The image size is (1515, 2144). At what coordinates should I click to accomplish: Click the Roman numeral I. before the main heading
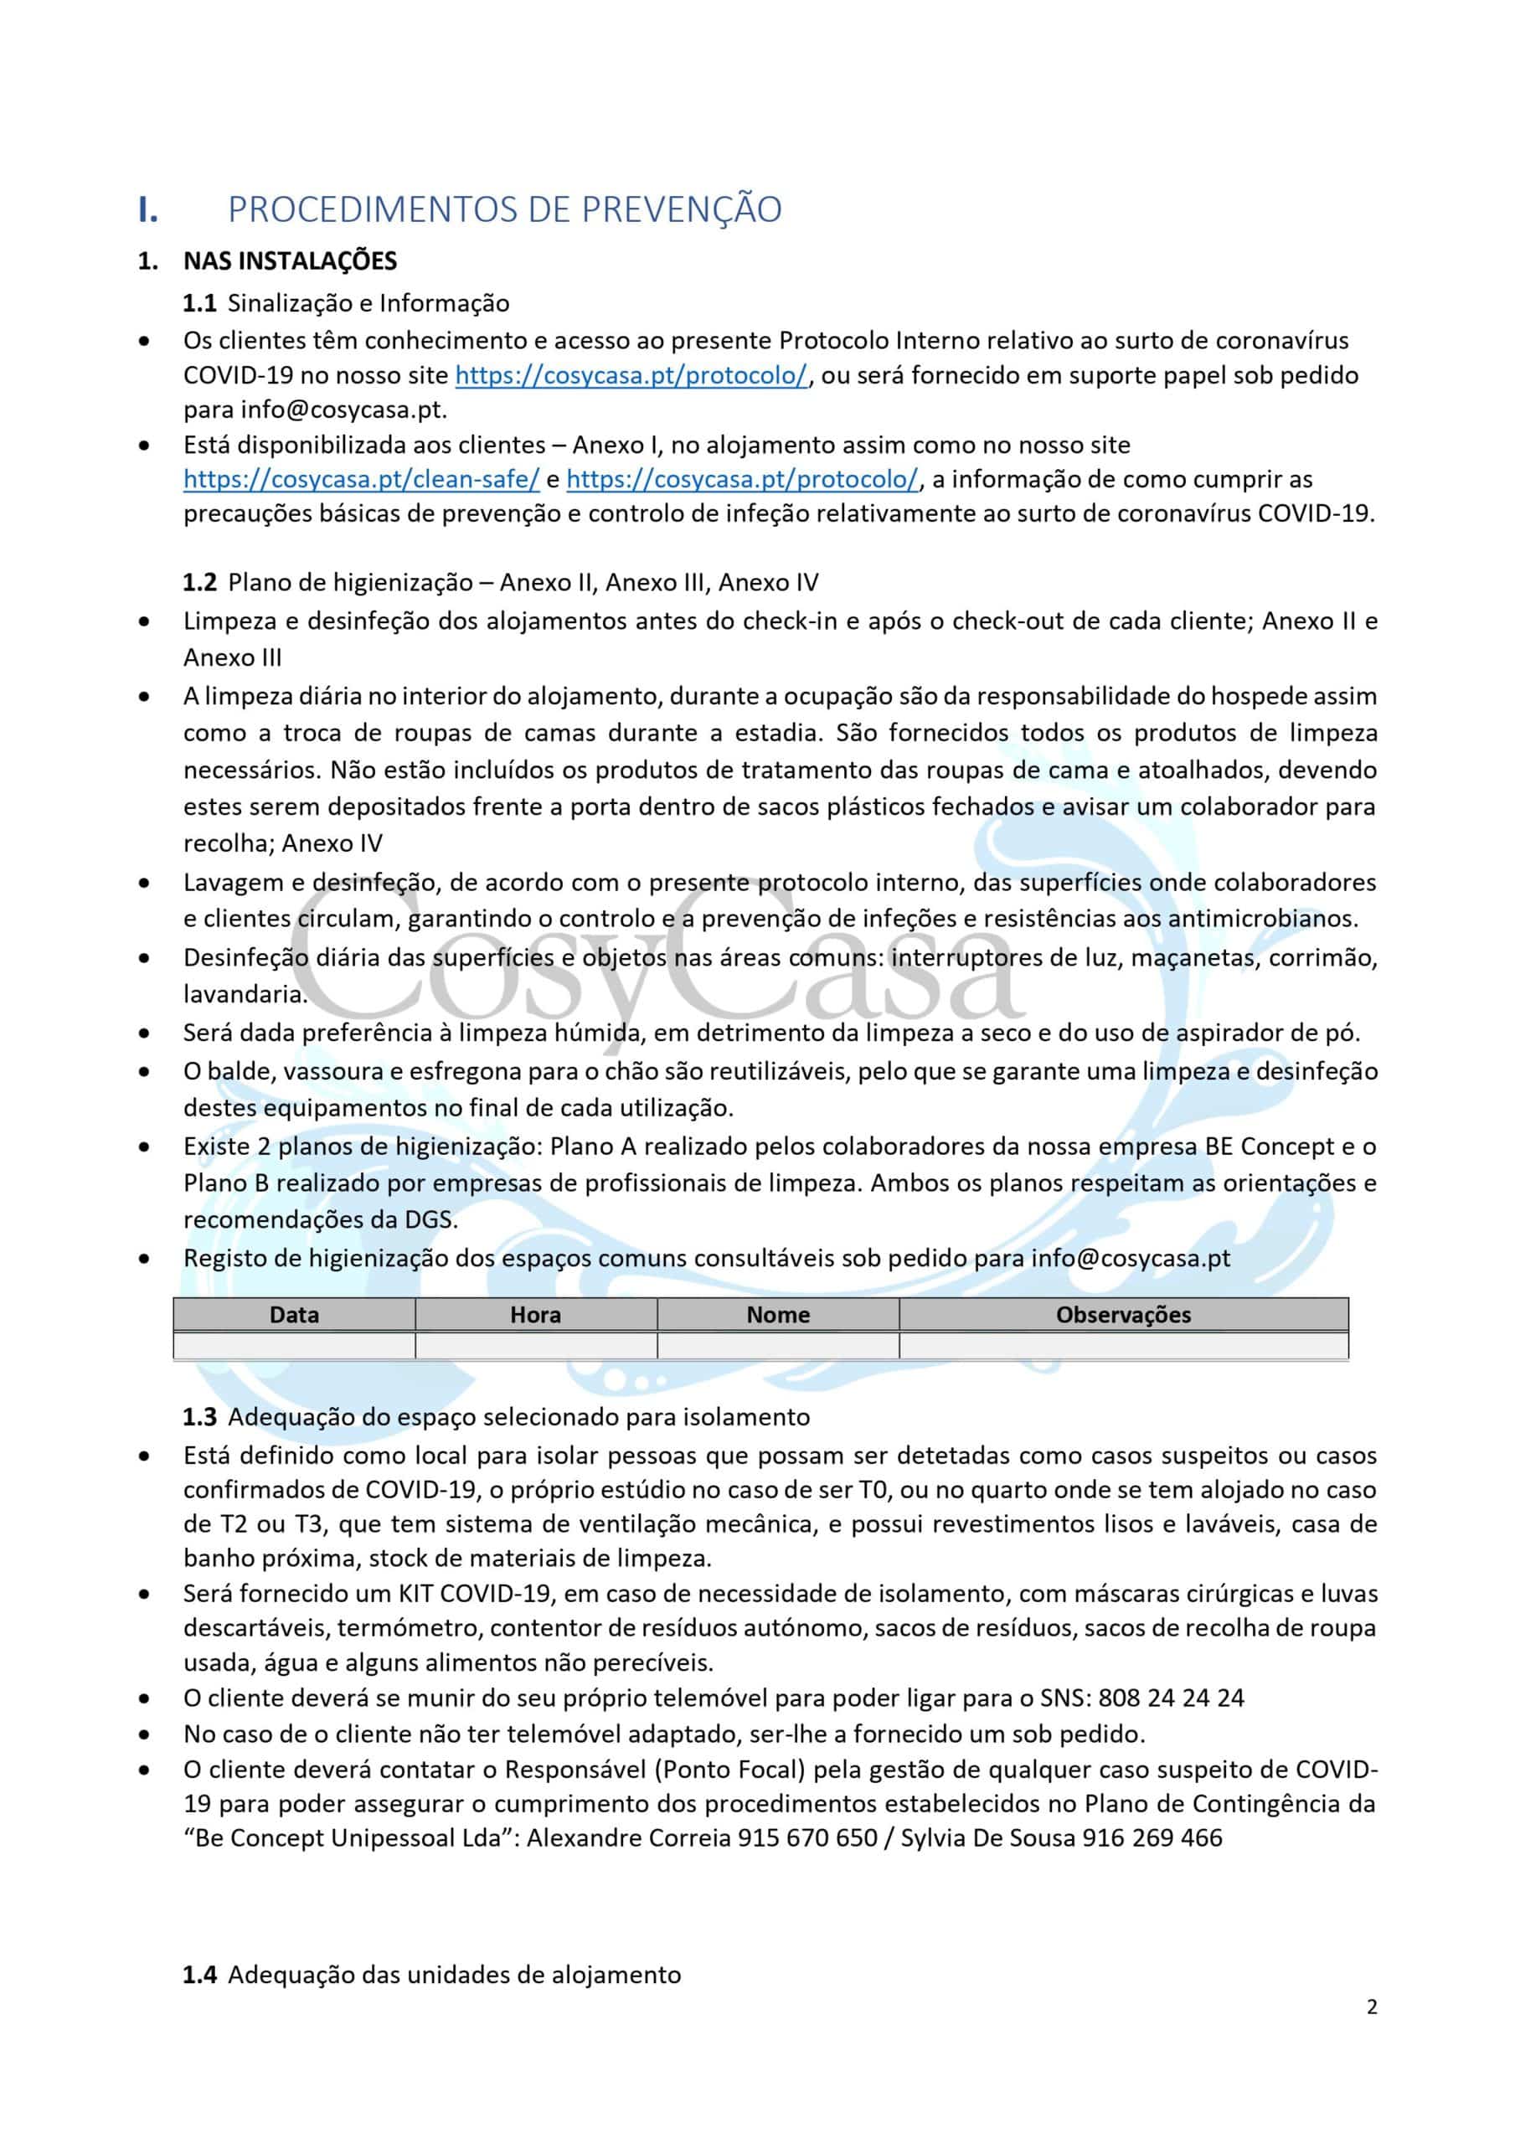147,209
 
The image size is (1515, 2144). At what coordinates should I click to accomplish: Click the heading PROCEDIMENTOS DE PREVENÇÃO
504,209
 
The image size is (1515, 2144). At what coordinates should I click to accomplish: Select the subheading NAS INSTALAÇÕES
290,260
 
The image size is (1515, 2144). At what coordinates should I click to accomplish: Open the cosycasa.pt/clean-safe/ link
362,479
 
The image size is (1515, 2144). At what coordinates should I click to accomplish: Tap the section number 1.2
199,583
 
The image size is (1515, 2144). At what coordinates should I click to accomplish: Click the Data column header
294,1314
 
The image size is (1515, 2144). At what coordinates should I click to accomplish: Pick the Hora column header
535,1314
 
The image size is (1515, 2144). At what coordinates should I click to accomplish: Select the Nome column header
777,1314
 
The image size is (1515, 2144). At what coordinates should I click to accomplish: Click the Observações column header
1123,1314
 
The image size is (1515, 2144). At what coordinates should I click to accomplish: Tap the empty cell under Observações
1123,1345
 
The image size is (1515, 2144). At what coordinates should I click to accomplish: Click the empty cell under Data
294,1345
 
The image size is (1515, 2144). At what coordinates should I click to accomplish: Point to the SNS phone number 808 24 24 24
1172,1697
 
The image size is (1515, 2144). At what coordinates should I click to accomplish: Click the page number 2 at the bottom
1371,2007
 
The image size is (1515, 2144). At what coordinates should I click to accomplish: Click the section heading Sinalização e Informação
369,302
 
